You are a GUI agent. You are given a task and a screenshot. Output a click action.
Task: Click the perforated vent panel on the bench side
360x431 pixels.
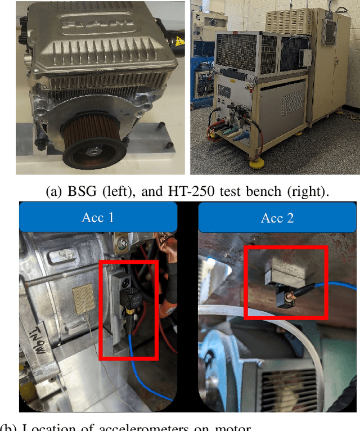click(291, 102)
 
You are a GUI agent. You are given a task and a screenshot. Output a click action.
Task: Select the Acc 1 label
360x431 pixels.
click(98, 217)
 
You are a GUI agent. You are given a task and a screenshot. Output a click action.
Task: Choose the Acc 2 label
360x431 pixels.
click(277, 217)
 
